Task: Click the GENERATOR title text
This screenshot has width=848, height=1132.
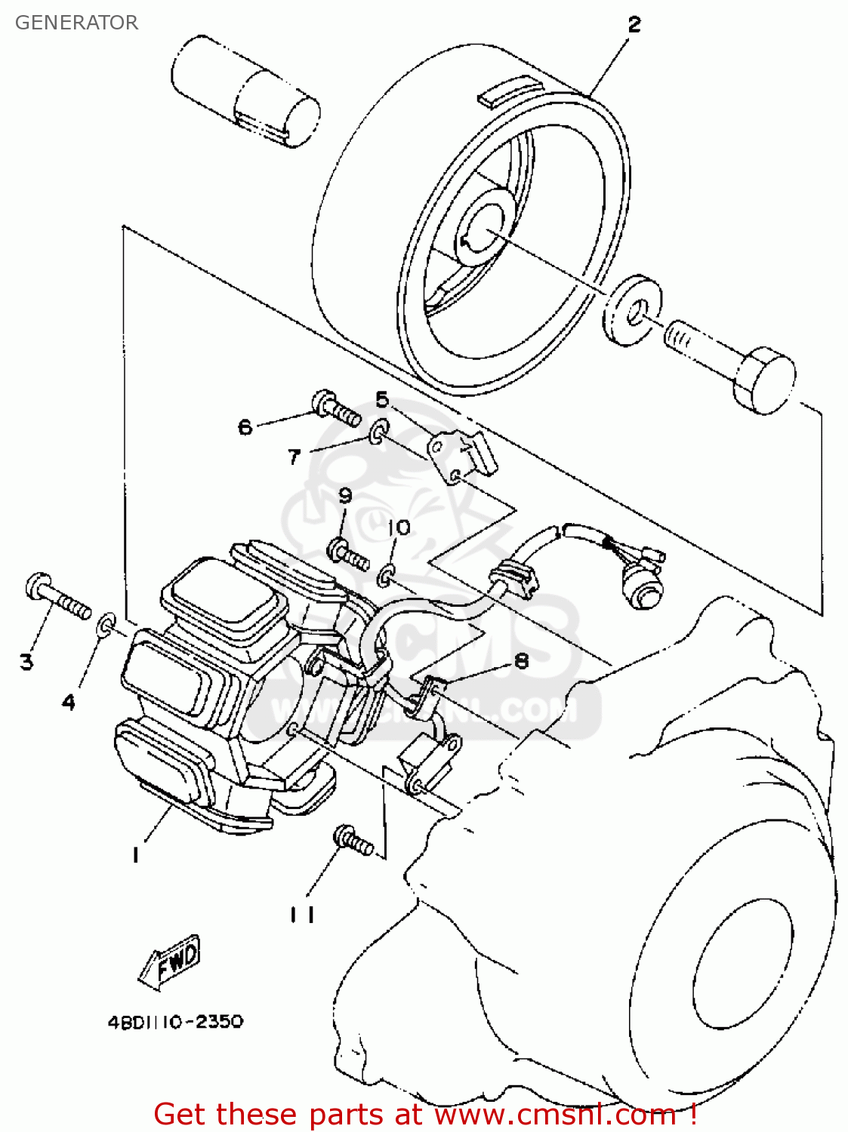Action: pos(76,23)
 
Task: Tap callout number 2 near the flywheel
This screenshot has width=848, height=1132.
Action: pos(634,25)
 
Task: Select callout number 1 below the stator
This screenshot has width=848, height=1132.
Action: pos(135,854)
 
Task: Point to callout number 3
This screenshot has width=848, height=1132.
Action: pos(26,662)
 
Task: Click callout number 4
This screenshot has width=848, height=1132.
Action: pos(69,702)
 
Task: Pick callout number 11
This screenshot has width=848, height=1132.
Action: pos(302,914)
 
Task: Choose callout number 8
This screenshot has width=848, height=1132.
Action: pos(521,661)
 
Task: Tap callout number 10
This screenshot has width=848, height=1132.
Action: pos(399,527)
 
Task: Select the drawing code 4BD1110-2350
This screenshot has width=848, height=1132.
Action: pos(175,1022)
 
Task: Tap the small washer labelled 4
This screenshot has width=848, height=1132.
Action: pos(106,624)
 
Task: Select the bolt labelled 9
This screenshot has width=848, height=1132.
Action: pos(347,553)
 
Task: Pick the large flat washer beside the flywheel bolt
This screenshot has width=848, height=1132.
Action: pos(633,310)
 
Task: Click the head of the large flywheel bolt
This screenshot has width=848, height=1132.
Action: pos(764,381)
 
